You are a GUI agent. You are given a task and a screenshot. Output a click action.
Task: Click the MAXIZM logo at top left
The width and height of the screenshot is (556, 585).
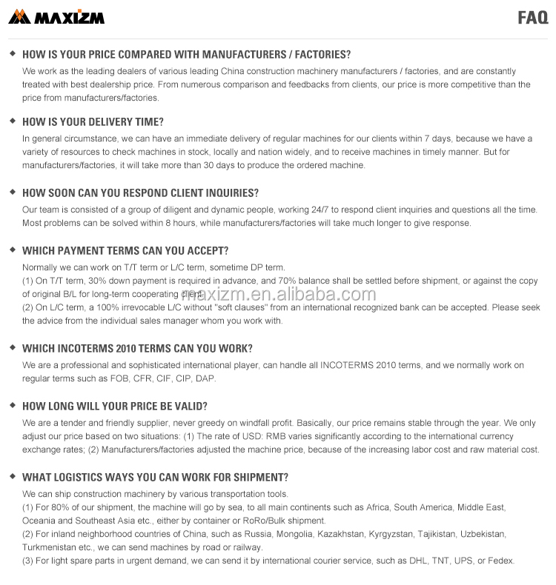click(x=56, y=16)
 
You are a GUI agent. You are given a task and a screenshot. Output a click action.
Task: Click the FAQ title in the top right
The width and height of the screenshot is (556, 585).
click(x=532, y=18)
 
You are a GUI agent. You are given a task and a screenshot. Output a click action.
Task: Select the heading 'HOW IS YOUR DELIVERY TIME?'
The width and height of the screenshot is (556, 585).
click(x=93, y=122)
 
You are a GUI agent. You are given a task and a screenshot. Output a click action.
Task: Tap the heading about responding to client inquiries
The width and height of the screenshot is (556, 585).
click(x=140, y=193)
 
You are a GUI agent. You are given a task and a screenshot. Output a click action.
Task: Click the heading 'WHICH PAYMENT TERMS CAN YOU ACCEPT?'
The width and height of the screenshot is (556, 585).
click(x=125, y=250)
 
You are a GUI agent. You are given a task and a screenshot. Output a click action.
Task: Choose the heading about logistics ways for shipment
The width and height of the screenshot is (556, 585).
click(x=155, y=477)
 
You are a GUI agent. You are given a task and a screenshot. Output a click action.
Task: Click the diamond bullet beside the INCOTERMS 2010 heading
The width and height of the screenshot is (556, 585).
click(x=12, y=347)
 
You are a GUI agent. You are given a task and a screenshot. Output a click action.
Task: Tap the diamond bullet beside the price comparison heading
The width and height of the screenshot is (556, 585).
click(x=12, y=53)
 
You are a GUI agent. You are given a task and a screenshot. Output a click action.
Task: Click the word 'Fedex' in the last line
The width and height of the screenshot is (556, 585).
click(x=501, y=561)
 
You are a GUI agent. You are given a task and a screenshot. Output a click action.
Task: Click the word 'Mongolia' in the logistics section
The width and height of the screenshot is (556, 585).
click(x=291, y=534)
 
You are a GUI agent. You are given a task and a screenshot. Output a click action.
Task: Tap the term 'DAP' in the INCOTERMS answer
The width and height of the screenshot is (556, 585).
click(x=205, y=378)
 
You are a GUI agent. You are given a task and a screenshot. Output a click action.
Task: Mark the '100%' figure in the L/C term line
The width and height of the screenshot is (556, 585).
click(x=108, y=307)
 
